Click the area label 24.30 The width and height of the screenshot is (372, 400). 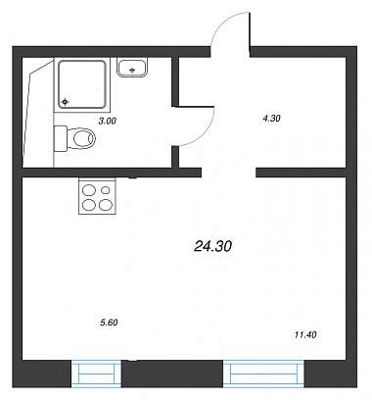212,246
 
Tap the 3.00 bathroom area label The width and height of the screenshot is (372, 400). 108,121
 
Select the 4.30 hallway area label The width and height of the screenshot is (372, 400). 271,118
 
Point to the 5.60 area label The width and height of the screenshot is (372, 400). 109,323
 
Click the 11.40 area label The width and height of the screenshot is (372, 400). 305,334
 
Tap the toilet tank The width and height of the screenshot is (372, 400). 61,138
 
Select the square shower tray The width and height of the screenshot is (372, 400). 82,84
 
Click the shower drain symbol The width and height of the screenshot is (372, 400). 66,102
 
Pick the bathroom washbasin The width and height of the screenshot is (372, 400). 132,68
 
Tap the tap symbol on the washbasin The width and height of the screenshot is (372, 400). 132,70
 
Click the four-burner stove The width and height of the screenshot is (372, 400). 97,196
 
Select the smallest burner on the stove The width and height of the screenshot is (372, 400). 106,189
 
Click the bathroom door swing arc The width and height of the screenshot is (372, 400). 205,131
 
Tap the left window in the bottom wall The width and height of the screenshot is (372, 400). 96,374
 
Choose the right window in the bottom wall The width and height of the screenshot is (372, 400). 263,374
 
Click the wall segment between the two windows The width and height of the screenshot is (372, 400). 172,374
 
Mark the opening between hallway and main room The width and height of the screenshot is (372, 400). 228,173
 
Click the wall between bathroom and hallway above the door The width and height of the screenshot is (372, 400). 175,81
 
